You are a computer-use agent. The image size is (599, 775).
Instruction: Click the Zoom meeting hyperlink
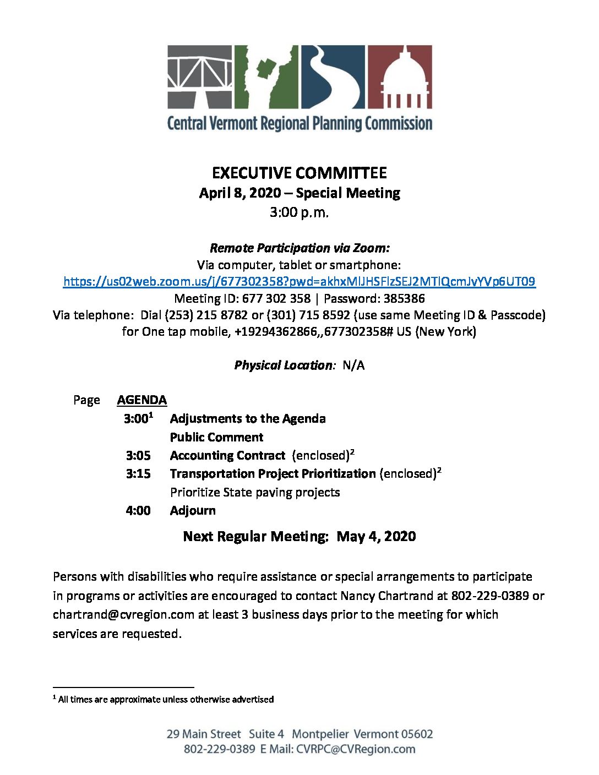(299, 282)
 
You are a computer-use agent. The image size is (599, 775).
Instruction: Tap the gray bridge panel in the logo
(200, 77)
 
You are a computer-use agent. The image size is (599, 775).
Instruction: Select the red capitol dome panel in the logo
(399, 77)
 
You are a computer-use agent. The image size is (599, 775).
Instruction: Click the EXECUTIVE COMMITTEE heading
(299, 173)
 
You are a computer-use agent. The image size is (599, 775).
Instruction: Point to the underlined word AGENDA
(141, 400)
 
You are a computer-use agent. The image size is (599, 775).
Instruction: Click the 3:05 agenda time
(138, 456)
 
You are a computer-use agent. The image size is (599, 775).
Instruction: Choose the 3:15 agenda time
(138, 474)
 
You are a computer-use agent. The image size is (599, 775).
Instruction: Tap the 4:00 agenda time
(138, 511)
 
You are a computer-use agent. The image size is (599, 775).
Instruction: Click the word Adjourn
(193, 511)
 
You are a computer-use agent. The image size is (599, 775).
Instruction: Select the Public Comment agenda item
(216, 438)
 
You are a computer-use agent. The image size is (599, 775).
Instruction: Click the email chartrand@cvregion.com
(123, 615)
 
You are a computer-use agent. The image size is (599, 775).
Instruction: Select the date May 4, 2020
(376, 537)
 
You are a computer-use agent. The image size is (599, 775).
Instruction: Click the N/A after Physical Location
(353, 365)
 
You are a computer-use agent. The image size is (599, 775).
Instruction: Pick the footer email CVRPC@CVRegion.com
(356, 749)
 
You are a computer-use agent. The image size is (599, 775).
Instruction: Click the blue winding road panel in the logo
(333, 77)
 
